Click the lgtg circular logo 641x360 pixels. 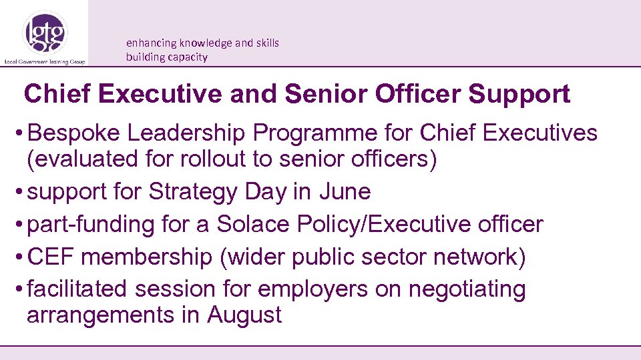click(x=45, y=32)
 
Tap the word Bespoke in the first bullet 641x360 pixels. click(x=73, y=133)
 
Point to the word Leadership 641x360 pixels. click(x=186, y=133)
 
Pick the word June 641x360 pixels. click(x=345, y=192)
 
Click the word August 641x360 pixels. click(x=244, y=315)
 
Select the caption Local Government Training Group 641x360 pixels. click(x=44, y=61)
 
